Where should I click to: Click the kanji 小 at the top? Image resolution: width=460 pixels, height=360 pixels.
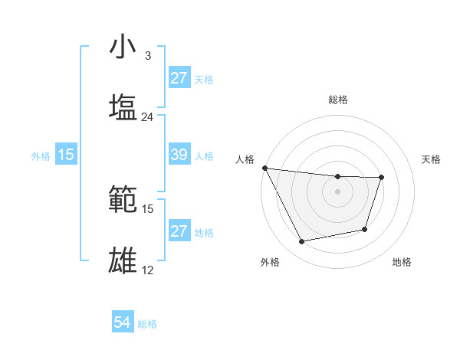click(x=123, y=47)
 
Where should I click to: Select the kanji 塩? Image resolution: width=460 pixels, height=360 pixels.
click(x=123, y=107)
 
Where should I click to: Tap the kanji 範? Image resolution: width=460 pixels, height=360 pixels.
click(x=123, y=199)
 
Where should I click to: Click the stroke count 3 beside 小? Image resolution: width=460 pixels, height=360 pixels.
click(x=147, y=56)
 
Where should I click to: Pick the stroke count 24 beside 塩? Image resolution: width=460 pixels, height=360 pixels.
click(x=148, y=117)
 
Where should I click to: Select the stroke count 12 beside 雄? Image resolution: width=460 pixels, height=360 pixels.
click(x=148, y=270)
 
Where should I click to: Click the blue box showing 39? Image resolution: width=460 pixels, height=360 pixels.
click(x=179, y=155)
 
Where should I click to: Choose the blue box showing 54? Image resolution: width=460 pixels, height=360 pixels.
click(x=123, y=322)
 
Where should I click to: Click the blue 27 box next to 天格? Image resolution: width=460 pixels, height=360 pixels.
click(x=179, y=78)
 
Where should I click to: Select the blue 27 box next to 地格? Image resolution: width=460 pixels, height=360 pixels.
click(x=179, y=231)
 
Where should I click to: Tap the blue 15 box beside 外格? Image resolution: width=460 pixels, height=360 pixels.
click(x=66, y=155)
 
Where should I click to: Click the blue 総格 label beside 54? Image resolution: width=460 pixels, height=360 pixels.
click(x=147, y=324)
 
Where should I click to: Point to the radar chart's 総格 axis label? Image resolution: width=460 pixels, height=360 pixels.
click(x=337, y=100)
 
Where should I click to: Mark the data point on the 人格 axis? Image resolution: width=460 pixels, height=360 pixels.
click(x=264, y=168)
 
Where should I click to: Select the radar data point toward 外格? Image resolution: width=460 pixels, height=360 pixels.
click(x=301, y=242)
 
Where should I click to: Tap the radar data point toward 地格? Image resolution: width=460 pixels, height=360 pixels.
click(x=365, y=229)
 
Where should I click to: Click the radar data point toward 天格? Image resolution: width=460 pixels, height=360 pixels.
click(x=381, y=178)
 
